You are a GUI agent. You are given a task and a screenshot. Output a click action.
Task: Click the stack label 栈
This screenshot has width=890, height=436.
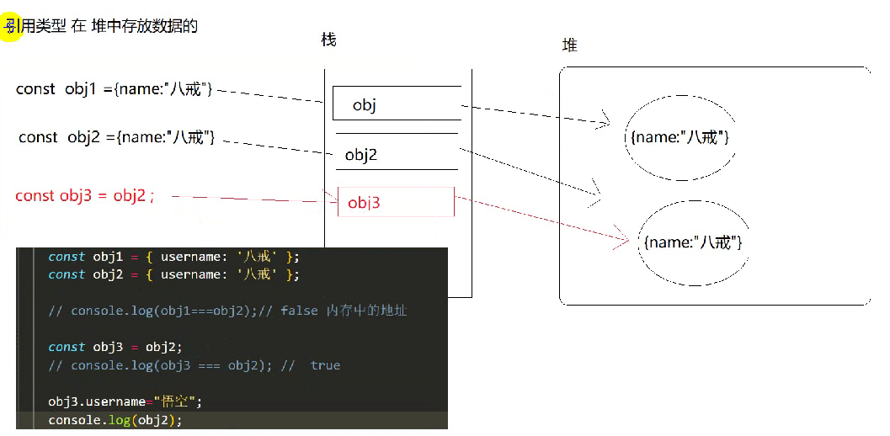click(x=328, y=40)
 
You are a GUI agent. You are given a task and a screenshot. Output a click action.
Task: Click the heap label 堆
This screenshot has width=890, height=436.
click(x=569, y=45)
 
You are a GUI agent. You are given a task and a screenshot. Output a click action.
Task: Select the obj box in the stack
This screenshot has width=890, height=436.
click(x=397, y=104)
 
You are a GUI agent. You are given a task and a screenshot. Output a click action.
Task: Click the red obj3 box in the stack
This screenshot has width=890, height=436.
click(x=396, y=202)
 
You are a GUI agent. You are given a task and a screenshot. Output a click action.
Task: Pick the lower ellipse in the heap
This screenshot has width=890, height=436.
click(x=692, y=242)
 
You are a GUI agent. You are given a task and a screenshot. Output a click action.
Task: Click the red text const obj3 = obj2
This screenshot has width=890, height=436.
click(x=84, y=196)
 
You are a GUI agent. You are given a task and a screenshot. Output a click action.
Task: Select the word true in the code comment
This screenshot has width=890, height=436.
click(x=325, y=365)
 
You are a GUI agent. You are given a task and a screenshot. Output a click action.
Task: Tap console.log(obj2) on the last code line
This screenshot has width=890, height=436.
click(x=115, y=420)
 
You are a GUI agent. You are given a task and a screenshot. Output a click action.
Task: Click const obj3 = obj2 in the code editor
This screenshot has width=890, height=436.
click(x=115, y=347)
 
